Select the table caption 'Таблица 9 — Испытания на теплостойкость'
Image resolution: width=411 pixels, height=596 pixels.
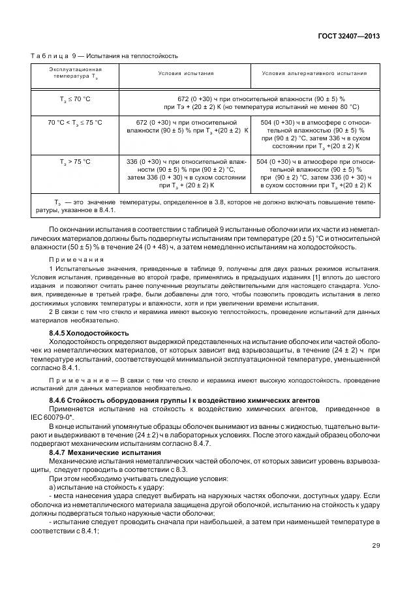(104, 56)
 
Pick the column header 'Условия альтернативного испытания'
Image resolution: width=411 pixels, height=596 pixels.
(314, 73)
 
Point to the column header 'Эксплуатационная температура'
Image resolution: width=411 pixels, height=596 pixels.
(75, 73)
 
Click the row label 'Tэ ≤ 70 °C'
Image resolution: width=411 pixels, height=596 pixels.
(75, 99)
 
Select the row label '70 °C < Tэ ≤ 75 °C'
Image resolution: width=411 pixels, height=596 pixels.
(75, 123)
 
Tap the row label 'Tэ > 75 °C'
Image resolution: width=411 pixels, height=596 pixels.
(75, 161)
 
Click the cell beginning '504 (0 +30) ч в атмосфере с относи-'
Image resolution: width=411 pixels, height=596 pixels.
(315, 135)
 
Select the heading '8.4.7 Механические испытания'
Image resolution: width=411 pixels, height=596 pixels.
(104, 452)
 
